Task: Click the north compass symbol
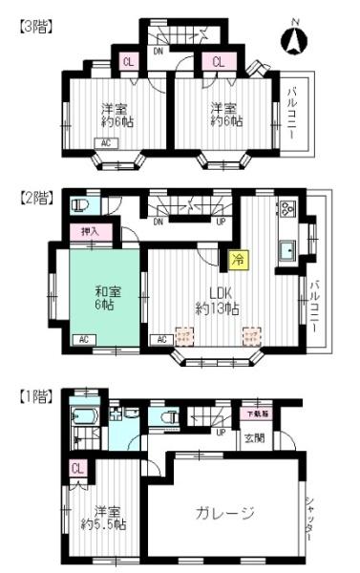294,39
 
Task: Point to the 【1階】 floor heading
34,394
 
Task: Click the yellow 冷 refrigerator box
235,257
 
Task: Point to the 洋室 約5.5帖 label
104,517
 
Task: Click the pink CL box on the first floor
77,469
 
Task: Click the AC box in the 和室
83,340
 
